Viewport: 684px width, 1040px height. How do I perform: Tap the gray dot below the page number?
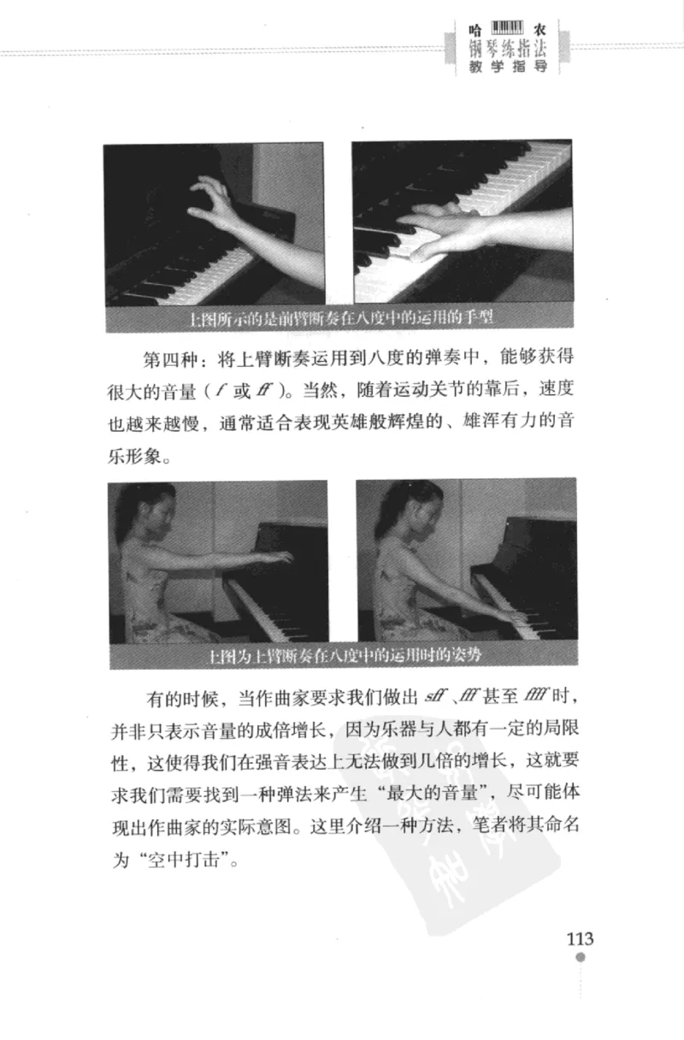tap(581, 959)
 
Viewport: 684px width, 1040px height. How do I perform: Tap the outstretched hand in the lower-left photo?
tap(275, 557)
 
